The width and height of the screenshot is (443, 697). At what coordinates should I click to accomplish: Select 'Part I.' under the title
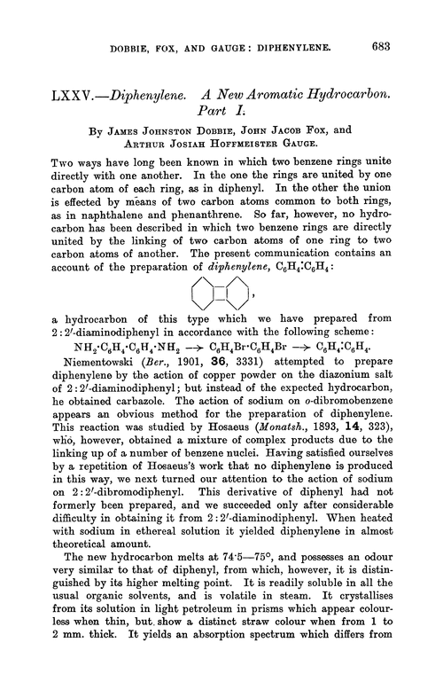click(x=231, y=104)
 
